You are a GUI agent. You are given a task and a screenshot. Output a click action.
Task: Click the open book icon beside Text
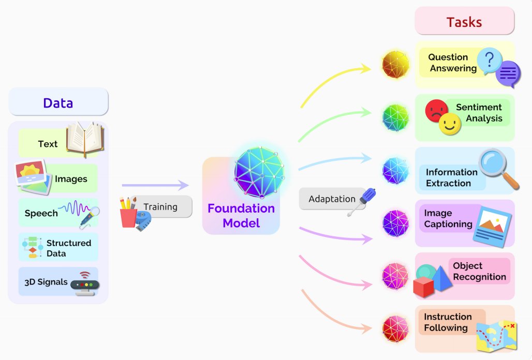85,140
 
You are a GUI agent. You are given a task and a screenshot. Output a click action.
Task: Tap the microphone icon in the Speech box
89,217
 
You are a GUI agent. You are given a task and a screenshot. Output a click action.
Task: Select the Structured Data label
68,248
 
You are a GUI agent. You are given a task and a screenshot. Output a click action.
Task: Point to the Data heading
58,102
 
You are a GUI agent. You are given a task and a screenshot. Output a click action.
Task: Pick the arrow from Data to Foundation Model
155,185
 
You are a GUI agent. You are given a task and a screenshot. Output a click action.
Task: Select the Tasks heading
464,22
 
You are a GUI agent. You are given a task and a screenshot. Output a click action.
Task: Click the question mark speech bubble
490,60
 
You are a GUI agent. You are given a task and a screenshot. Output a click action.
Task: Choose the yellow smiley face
449,124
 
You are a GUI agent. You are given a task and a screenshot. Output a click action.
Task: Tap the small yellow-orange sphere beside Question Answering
395,65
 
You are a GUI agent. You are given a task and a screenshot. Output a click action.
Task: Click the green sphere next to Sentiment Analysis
395,118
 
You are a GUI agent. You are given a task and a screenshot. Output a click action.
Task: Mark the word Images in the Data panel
71,179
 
